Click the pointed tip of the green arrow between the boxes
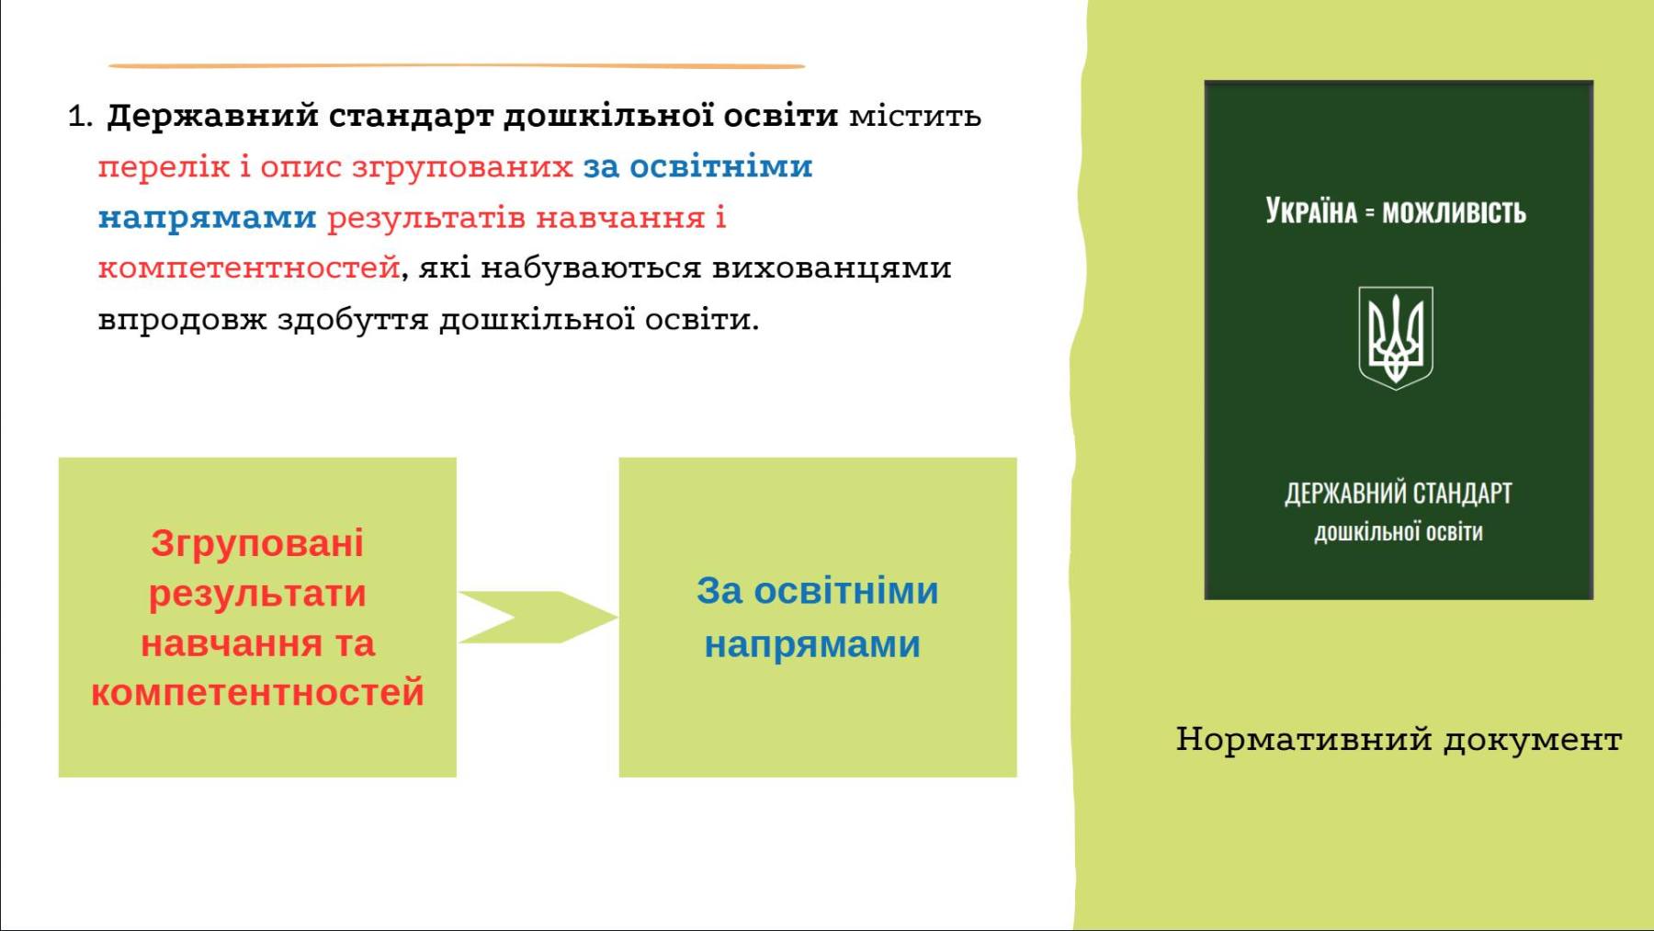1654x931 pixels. tap(617, 617)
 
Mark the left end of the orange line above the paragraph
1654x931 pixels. tap(109, 66)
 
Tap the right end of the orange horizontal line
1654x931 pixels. tap(805, 66)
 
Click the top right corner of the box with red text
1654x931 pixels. tap(456, 458)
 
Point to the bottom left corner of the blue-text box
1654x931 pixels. tap(619, 777)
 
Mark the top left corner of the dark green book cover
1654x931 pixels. tap(1205, 81)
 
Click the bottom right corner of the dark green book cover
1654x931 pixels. tap(1592, 599)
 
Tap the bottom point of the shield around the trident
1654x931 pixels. tap(1396, 390)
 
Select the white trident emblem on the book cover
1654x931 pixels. tap(1396, 337)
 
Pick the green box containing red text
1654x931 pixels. tap(257, 618)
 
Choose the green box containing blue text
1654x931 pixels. tap(818, 618)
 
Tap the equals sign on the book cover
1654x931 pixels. tap(1369, 213)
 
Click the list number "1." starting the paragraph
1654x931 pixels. tap(81, 117)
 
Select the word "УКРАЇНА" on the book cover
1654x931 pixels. tap(1311, 210)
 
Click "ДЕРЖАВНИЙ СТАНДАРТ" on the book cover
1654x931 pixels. tap(1399, 494)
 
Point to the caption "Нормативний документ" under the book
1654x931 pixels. tap(1399, 739)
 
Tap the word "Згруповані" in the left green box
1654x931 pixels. tap(257, 543)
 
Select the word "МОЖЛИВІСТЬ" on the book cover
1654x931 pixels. tap(1454, 212)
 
